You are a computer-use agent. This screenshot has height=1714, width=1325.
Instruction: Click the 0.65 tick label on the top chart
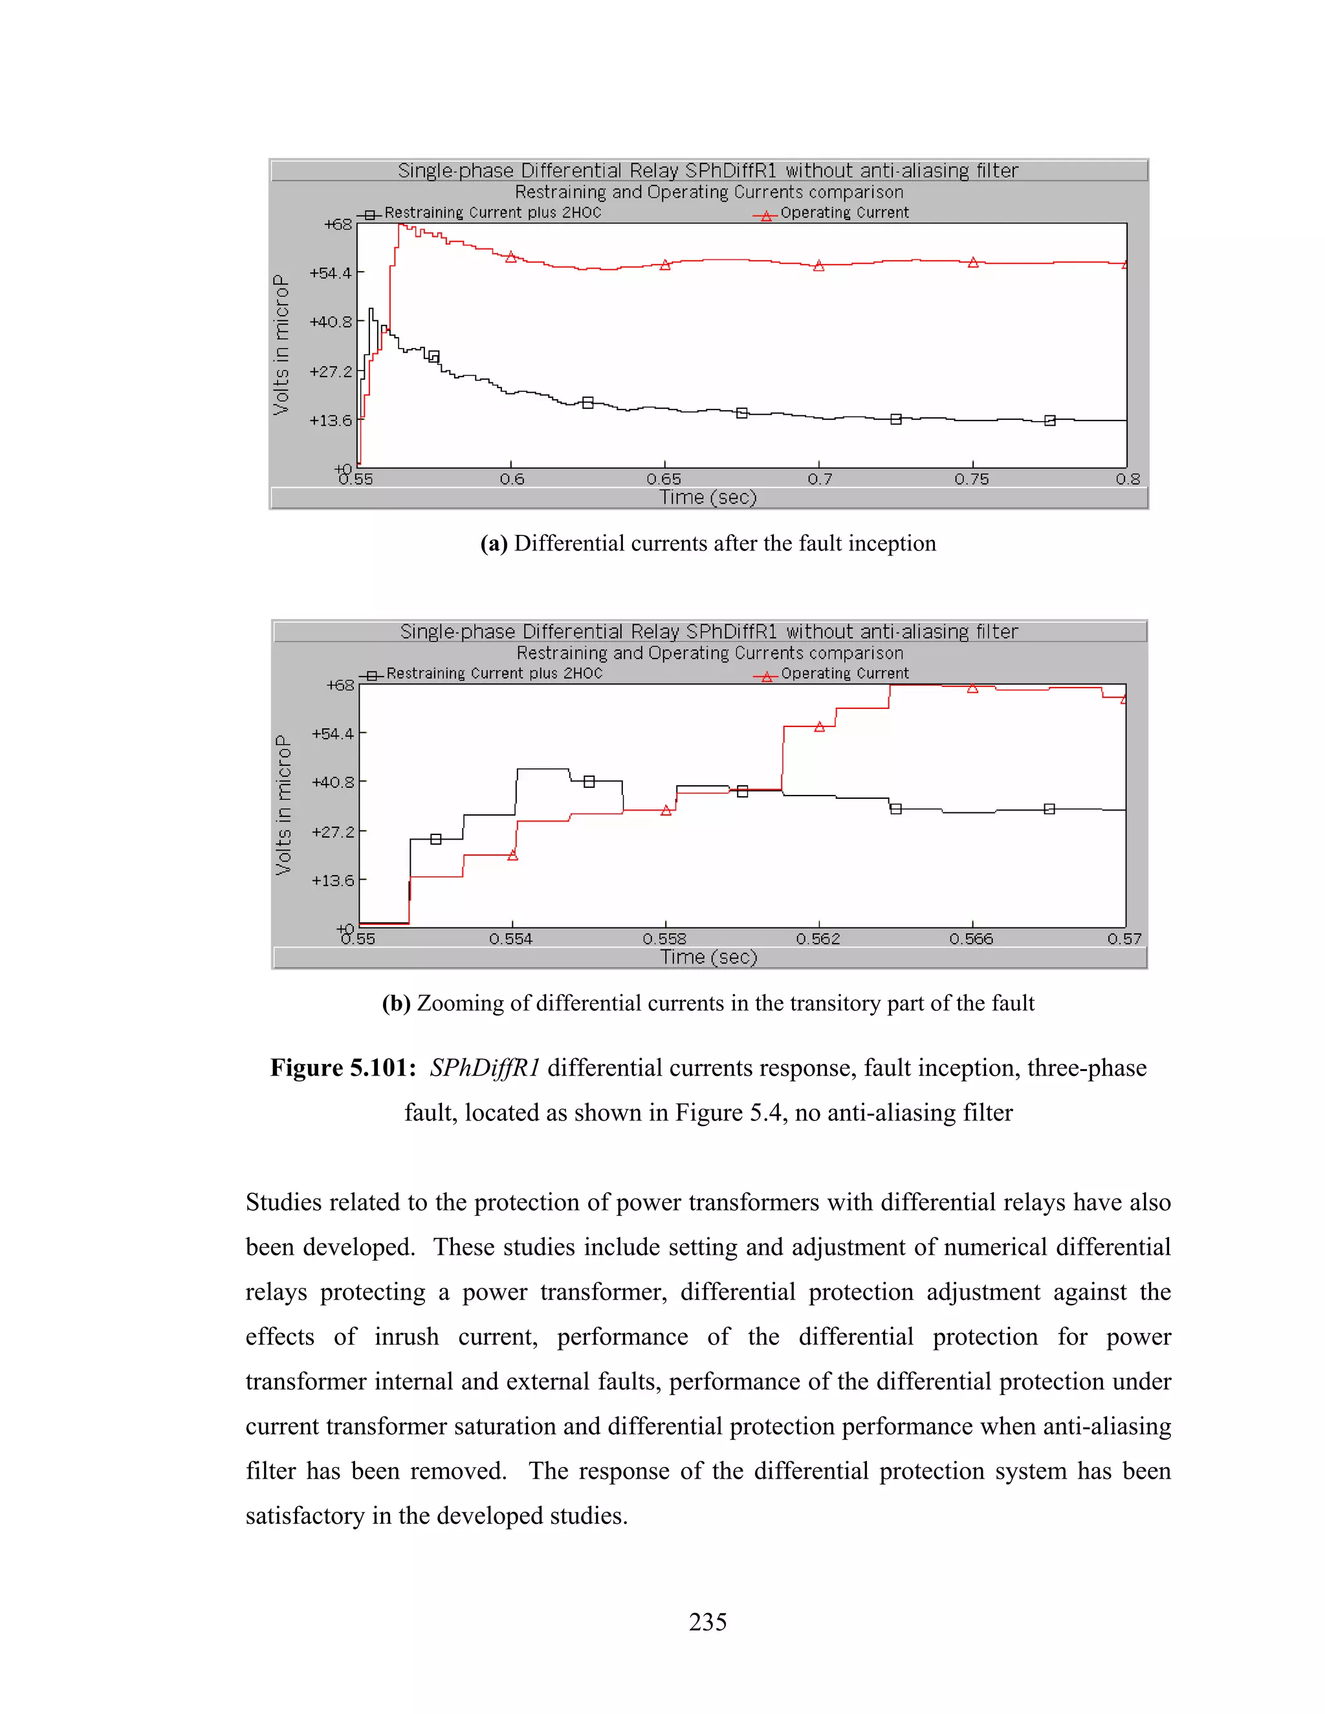[664, 479]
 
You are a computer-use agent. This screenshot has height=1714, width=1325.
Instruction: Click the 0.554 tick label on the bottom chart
[511, 938]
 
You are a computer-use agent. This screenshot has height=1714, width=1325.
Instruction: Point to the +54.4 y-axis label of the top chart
[331, 273]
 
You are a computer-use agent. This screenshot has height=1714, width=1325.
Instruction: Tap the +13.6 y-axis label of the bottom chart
[333, 880]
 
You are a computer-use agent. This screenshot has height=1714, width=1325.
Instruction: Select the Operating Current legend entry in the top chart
[844, 213]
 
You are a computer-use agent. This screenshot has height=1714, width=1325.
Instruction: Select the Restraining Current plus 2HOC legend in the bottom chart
[494, 673]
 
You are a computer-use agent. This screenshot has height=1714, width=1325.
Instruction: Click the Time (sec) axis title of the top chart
[708, 497]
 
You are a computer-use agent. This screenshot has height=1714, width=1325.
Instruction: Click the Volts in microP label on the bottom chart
[283, 805]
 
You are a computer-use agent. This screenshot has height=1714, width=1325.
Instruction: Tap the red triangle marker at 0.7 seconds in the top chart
[818, 266]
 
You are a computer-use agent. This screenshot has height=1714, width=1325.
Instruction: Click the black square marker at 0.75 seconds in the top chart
[895, 419]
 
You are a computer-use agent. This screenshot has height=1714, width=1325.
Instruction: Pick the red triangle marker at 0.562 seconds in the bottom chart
[818, 727]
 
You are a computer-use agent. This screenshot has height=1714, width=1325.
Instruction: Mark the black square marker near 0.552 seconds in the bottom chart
[435, 839]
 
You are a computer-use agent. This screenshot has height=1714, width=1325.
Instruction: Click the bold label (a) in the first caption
[494, 543]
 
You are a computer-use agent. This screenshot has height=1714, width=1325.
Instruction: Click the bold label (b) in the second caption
[395, 1003]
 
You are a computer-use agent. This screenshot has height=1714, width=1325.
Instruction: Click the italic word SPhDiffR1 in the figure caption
[485, 1068]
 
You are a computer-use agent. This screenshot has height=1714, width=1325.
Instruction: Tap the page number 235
[707, 1622]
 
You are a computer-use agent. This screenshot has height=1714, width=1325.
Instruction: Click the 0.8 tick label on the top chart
[1127, 479]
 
